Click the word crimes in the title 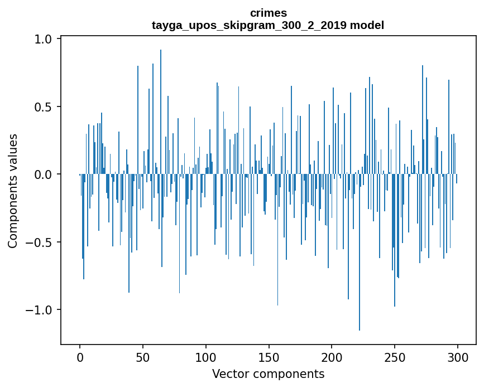[x=268, y=13]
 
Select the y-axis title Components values [x=13, y=191]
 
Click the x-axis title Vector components [x=268, y=374]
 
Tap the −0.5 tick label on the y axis [x=41, y=242]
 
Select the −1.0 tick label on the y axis [x=41, y=310]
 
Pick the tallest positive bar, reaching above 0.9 [x=161, y=111]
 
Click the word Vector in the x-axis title [x=229, y=374]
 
